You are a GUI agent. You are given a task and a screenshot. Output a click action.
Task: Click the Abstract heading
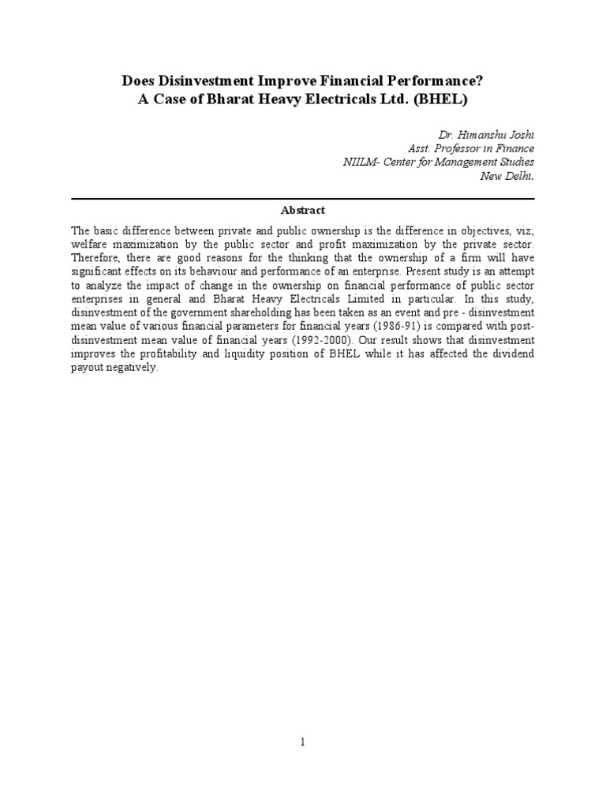tap(302, 210)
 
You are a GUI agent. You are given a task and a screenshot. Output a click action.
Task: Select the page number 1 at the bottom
tap(303, 743)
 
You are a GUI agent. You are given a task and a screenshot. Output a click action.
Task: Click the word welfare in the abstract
tap(88, 245)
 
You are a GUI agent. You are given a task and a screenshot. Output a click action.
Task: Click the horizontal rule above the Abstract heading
tap(302, 198)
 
